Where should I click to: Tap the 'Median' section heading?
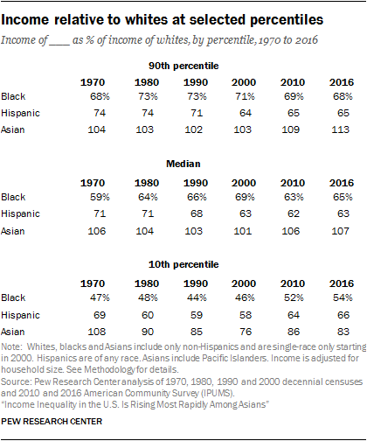(183, 164)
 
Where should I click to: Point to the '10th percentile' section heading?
(183, 265)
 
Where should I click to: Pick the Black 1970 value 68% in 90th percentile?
(81, 95)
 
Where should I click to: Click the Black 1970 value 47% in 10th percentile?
(81, 298)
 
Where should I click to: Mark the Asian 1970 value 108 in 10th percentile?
(81, 332)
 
